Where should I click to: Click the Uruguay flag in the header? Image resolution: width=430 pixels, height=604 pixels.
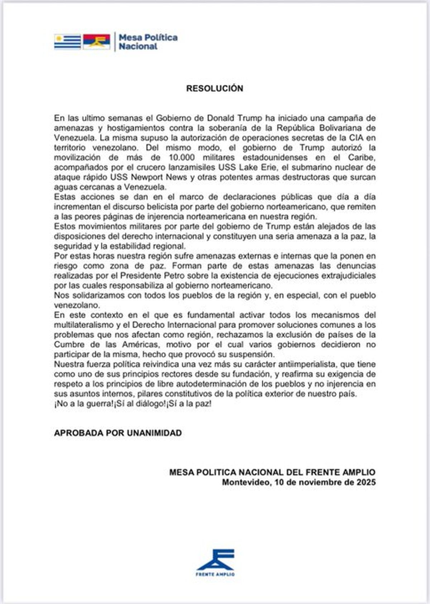(67, 42)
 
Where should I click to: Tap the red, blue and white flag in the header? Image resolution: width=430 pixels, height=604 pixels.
(96, 42)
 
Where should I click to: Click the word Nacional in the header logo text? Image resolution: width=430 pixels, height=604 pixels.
(138, 46)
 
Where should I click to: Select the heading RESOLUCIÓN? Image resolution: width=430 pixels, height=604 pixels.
(215, 88)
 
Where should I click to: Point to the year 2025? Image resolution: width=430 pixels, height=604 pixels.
(366, 482)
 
